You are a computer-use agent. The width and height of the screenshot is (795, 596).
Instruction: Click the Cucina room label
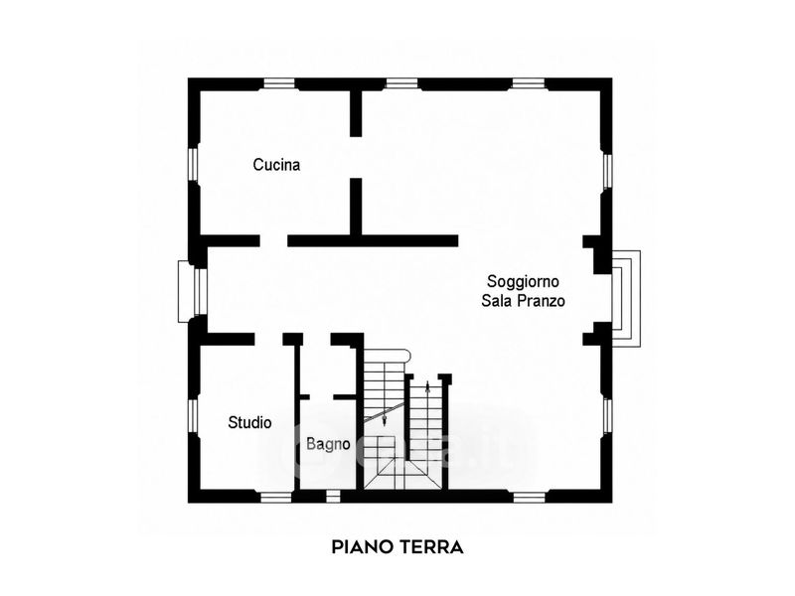pos(276,165)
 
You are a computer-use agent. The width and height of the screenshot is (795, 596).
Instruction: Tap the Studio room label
pos(249,422)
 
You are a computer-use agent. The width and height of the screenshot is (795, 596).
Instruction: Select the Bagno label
pos(328,444)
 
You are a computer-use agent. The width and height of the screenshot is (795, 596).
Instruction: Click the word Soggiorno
pos(523,282)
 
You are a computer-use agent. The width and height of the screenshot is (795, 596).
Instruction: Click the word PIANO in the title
pos(363,547)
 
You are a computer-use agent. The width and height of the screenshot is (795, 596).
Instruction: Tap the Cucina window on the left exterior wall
pos(193,164)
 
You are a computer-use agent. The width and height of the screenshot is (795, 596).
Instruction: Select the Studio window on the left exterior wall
pos(193,416)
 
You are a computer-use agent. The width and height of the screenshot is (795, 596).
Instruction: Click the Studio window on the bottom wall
pos(276,498)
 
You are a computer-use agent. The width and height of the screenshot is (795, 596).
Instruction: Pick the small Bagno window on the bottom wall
pos(333,496)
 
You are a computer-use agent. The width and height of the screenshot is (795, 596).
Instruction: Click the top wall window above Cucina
pos(279,83)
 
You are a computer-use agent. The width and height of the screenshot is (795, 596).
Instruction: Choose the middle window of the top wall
pos(401,83)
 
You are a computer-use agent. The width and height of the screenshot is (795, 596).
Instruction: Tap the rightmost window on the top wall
pos(528,83)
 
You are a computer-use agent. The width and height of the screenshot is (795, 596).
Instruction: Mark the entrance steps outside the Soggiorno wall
pos(627,299)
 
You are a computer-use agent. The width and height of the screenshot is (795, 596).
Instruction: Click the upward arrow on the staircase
pos(428,388)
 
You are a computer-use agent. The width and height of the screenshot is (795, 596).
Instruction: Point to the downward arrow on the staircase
pos(384,418)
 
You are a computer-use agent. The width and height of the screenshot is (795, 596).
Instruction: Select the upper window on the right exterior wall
pos(607,171)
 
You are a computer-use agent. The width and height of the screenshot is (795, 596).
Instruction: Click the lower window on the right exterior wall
pos(607,416)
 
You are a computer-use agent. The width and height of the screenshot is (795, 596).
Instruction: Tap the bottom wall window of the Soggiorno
pos(529,498)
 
